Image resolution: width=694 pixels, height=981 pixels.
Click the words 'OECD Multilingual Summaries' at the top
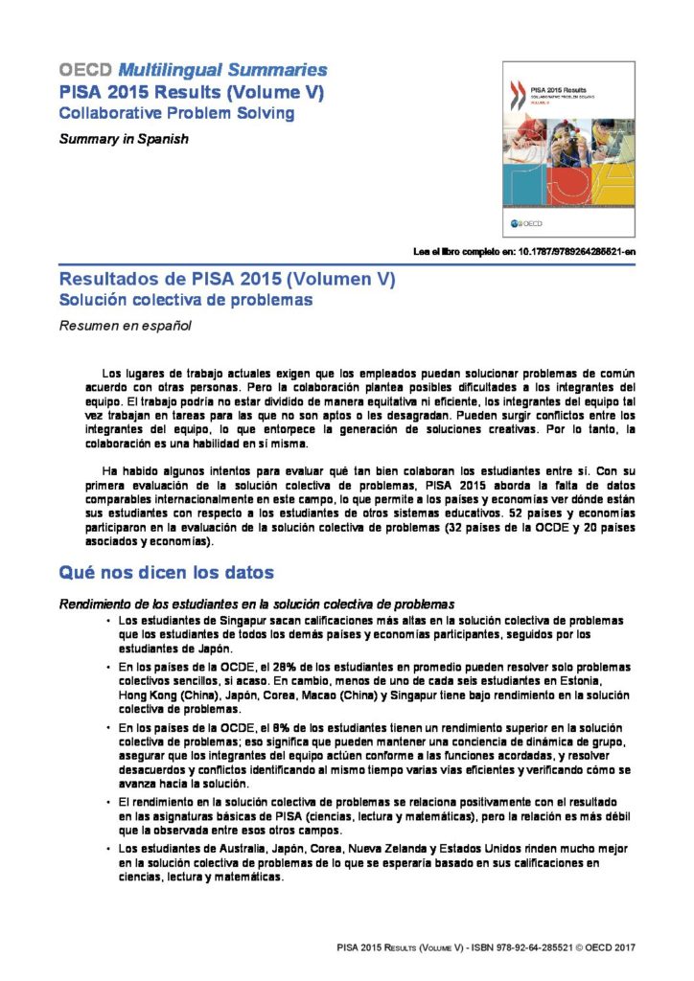coord(193,71)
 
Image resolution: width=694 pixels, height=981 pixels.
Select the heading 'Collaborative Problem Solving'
coord(176,113)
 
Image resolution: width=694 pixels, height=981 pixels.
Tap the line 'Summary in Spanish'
coord(124,139)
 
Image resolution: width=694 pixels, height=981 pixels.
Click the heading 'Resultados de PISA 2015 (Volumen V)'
coord(227,280)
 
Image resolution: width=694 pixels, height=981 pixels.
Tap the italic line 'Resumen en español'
coord(125,326)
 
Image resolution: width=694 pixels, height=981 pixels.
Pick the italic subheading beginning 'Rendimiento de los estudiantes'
coord(256,605)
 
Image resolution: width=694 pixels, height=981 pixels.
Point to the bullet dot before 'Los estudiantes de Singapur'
coord(108,621)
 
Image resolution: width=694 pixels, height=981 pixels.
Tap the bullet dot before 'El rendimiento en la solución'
coord(108,801)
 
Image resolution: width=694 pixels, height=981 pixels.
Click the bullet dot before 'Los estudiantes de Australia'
coord(108,851)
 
